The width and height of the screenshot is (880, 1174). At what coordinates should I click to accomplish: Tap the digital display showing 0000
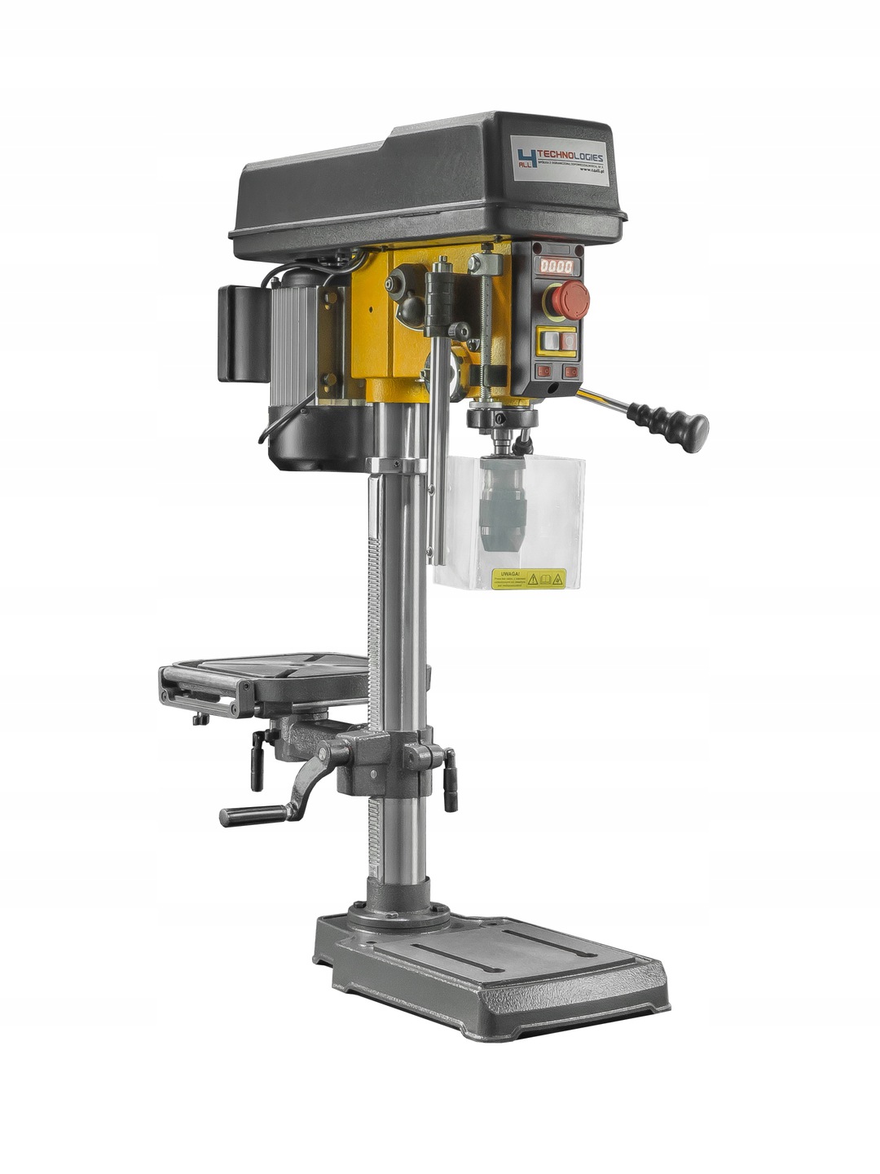click(x=557, y=266)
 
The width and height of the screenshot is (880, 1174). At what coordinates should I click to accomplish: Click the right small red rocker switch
click(x=572, y=372)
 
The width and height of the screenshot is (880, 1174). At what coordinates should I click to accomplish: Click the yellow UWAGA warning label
click(x=529, y=578)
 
